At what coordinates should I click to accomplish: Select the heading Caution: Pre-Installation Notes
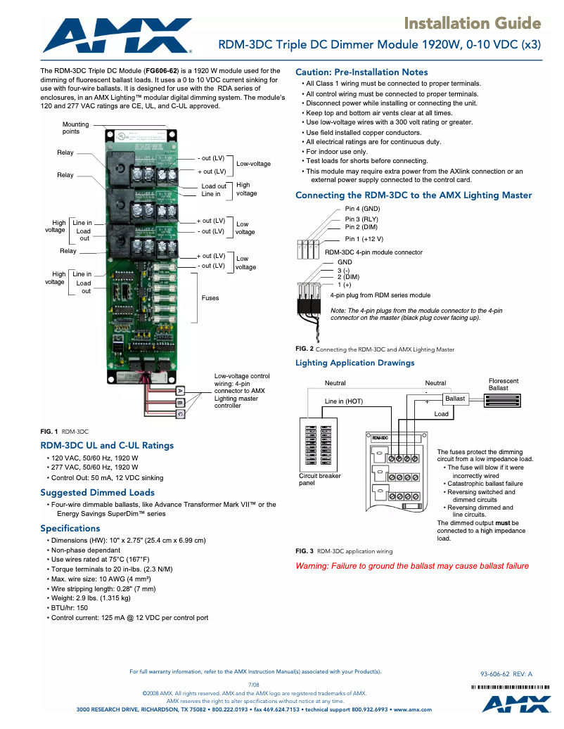pyautogui.click(x=361, y=72)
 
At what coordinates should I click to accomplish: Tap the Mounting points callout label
pyautogui.click(x=76, y=128)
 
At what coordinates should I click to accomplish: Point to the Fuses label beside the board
pyautogui.click(x=210, y=298)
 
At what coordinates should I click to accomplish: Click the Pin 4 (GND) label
pyautogui.click(x=362, y=209)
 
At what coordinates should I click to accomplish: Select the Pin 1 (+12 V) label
pyautogui.click(x=364, y=239)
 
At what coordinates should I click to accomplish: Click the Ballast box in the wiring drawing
pyautogui.click(x=454, y=399)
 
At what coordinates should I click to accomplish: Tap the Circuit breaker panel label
pyautogui.click(x=320, y=479)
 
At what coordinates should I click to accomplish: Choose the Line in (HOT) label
pyautogui.click(x=344, y=401)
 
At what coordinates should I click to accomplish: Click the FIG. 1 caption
pyautogui.click(x=64, y=430)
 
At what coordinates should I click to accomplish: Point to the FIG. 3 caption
pyautogui.click(x=344, y=551)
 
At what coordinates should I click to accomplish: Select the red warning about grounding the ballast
pyautogui.click(x=412, y=566)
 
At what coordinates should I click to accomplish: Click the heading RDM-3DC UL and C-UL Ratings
pyautogui.click(x=107, y=445)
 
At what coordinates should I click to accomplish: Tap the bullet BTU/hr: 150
pyautogui.click(x=70, y=607)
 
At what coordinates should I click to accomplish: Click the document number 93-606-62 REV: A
pyautogui.click(x=506, y=673)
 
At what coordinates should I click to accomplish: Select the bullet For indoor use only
pyautogui.click(x=337, y=152)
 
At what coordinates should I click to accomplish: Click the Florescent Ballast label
pyautogui.click(x=503, y=385)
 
